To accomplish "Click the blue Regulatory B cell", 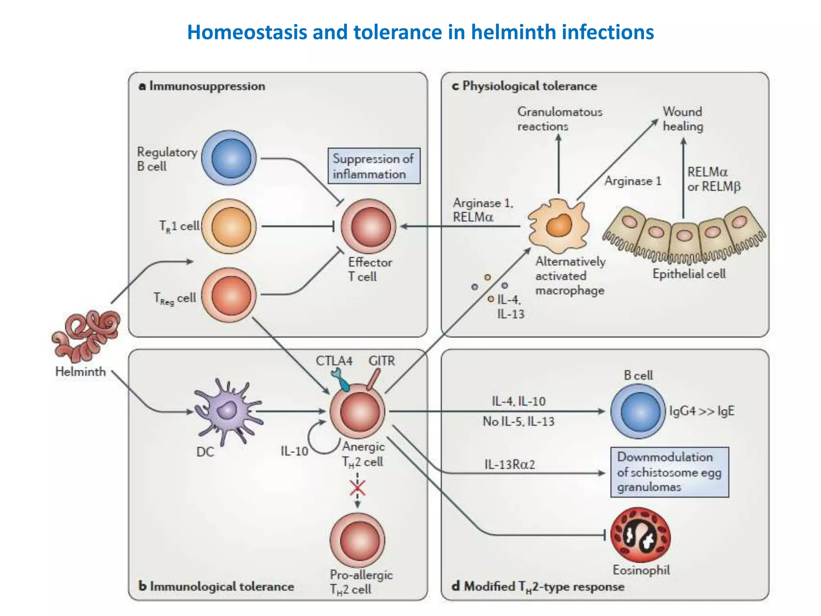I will [x=229, y=158].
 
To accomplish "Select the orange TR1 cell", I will [x=229, y=227].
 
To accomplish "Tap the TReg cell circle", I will [x=229, y=296].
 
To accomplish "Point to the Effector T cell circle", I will [x=368, y=227].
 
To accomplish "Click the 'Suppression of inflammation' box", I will [x=374, y=166].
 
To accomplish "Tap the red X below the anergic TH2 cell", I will [x=357, y=488].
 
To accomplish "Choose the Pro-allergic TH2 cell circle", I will [x=357, y=540].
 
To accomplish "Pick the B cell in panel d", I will [x=638, y=411].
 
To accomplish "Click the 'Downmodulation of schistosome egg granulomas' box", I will [x=669, y=472].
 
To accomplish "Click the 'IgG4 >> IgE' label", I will [x=702, y=411].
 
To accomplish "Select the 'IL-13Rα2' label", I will [x=510, y=464].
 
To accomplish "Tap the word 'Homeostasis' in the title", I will [x=247, y=32].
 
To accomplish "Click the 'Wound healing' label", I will [x=683, y=119].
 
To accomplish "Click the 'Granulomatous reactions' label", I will [x=559, y=119].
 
